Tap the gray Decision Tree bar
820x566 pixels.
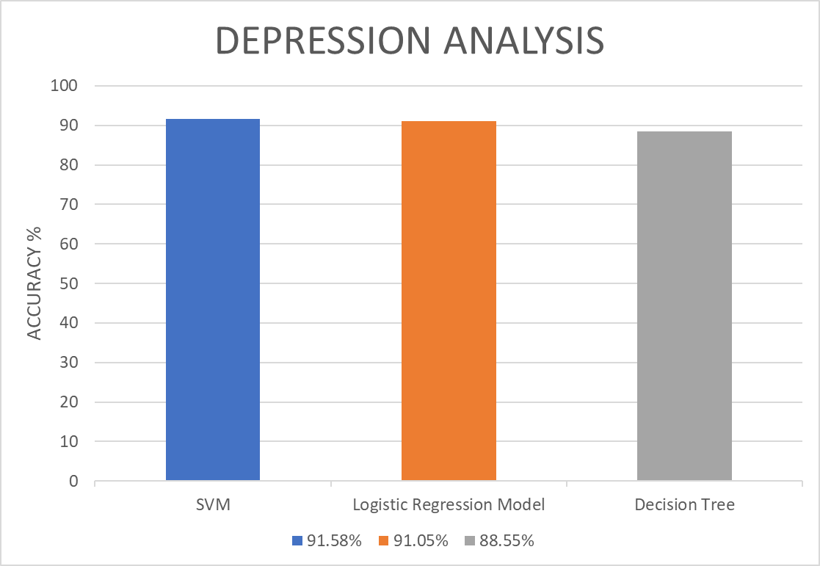tap(684, 306)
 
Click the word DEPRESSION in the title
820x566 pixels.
tap(324, 41)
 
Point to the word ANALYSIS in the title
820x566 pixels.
tap(523, 41)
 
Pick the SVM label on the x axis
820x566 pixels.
tap(213, 505)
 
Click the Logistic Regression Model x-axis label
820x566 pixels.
tap(449, 505)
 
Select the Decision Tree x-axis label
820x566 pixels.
tap(684, 505)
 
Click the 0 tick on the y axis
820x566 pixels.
tap(73, 482)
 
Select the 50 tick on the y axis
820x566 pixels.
tap(68, 283)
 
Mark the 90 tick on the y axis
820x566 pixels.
tap(68, 126)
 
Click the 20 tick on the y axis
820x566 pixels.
tap(68, 402)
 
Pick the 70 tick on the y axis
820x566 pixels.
tap(68, 204)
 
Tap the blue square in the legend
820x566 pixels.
tap(297, 541)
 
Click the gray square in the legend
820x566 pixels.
tap(470, 541)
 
